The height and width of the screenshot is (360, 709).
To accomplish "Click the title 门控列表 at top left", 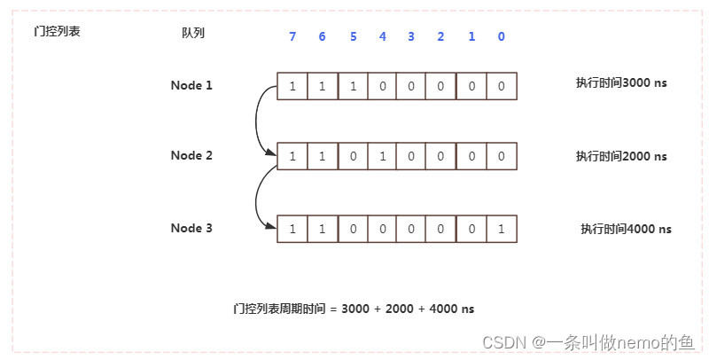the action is coord(57,33).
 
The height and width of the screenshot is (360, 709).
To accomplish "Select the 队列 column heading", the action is coord(193,33).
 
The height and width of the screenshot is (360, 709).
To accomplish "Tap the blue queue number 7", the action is coord(292,36).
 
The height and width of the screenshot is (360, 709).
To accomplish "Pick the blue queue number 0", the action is coord(502,36).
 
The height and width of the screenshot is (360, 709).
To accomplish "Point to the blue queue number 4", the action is coord(382,36).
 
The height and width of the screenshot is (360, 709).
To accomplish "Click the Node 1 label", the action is coord(191,85).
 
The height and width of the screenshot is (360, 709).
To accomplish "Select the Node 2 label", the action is coord(191,155).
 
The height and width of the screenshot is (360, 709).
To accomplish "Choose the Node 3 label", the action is coord(191,228).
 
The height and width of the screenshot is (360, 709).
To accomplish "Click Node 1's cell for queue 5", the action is coord(352,86).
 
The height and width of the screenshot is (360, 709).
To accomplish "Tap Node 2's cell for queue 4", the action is coord(382,156).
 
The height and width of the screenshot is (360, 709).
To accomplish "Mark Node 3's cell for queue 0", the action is coord(502,229).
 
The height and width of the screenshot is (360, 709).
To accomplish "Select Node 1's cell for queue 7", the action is coord(292,86).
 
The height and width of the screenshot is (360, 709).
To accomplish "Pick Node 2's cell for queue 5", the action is coord(352,156).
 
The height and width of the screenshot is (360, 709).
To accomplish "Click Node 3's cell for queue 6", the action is coord(322,229).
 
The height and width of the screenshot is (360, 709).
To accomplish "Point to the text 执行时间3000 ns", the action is coord(620,82).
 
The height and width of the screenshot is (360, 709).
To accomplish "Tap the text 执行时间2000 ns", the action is coord(620,156).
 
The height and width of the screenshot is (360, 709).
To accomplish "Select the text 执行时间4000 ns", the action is coord(626,229).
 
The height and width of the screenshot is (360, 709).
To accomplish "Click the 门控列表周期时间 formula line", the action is coord(354,309).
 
